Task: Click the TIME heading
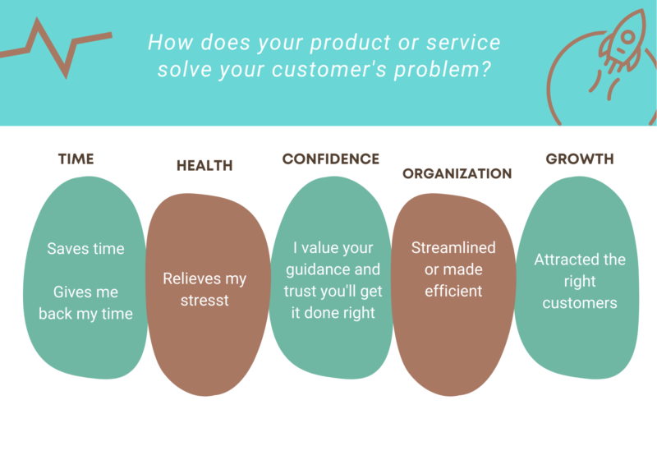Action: [76, 159]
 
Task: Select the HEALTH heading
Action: [204, 165]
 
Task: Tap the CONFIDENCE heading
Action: [331, 159]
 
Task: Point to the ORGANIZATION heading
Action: [457, 173]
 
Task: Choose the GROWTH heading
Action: [580, 159]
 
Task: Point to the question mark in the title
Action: [485, 68]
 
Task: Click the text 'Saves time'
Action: [85, 248]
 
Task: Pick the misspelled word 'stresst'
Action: [204, 300]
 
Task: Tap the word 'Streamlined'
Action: [453, 247]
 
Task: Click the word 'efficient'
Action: [453, 291]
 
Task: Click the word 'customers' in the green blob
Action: [580, 303]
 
